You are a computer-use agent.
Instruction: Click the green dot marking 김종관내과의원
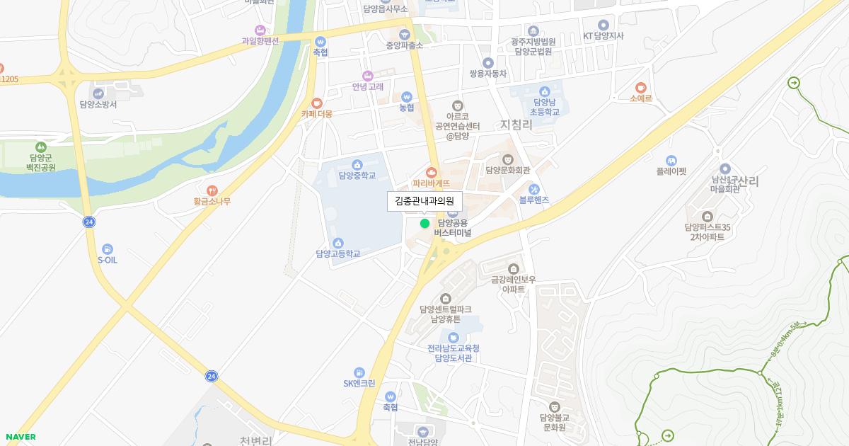(424, 224)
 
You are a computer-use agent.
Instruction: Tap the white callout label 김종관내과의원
(424, 201)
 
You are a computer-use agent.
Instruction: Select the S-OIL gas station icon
(107, 249)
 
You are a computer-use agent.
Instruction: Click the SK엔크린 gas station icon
(359, 372)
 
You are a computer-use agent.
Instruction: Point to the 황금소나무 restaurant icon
(212, 190)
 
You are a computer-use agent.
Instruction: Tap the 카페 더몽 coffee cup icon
(316, 103)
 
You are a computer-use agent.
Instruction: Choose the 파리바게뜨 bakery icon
(432, 172)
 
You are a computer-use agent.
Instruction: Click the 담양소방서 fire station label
(98, 104)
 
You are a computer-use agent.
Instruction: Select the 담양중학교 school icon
(357, 165)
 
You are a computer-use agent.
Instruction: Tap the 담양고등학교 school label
(338, 253)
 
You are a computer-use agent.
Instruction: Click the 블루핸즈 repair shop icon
(534, 190)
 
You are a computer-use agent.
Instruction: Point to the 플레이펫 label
(671, 171)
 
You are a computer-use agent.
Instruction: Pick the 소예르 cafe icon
(641, 88)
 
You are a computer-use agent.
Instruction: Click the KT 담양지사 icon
(603, 25)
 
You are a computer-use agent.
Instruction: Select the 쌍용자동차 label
(488, 74)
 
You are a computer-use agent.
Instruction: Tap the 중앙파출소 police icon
(405, 34)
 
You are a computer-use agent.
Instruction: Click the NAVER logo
(20, 437)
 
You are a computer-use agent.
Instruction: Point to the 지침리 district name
(516, 125)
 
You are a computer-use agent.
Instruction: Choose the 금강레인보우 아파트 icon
(514, 268)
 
